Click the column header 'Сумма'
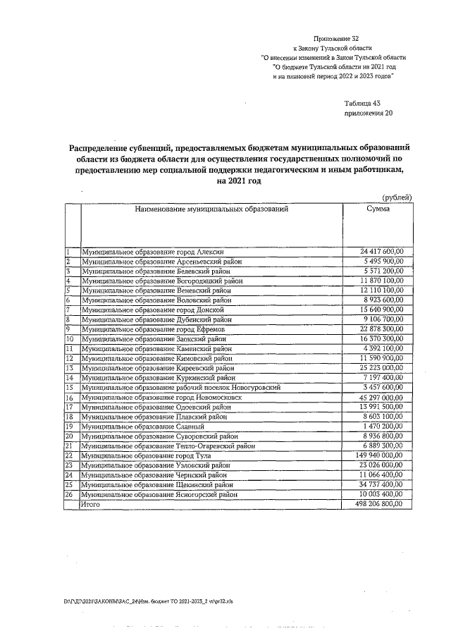point(378,209)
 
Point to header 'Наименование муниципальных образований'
point(211,209)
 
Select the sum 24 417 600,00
point(381,252)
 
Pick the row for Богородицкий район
point(161,281)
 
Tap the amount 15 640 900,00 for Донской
point(381,309)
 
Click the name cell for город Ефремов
point(156,329)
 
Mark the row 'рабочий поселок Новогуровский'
point(182,387)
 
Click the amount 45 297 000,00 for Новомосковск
point(381,397)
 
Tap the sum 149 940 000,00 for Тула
point(380,455)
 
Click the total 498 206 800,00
point(380,504)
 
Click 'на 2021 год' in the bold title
point(239,181)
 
